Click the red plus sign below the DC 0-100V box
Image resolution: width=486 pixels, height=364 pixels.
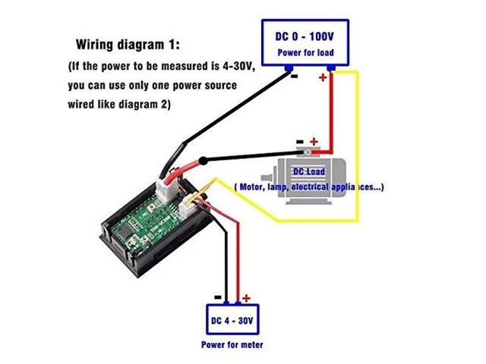[325, 77]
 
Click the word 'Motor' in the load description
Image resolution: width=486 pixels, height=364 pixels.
[252, 187]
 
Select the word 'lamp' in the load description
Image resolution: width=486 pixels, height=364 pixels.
[281, 187]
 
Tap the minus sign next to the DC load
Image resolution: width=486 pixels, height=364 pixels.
[299, 142]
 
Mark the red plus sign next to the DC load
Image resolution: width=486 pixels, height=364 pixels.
[315, 142]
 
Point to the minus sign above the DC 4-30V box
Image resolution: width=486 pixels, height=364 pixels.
[217, 297]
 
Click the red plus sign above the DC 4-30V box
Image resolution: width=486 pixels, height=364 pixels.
[246, 298]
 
